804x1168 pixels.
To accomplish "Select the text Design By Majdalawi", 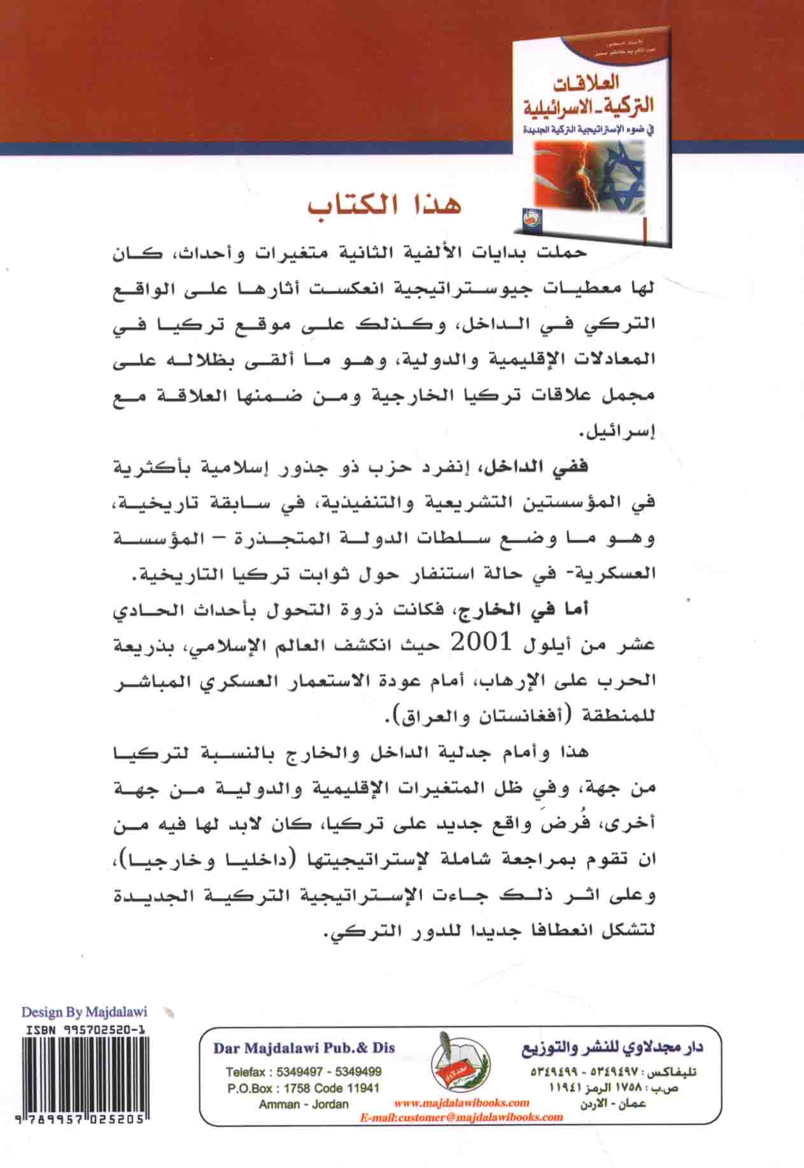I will tap(84, 1011).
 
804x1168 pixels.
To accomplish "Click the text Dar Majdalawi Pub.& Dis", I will tap(304, 1048).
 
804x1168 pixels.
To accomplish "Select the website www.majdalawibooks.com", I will tap(462, 1102).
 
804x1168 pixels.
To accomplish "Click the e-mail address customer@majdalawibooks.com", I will tap(462, 1116).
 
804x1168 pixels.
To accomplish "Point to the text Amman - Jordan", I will tap(304, 1104).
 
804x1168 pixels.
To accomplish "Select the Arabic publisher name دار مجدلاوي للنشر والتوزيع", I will tap(612, 1049).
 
